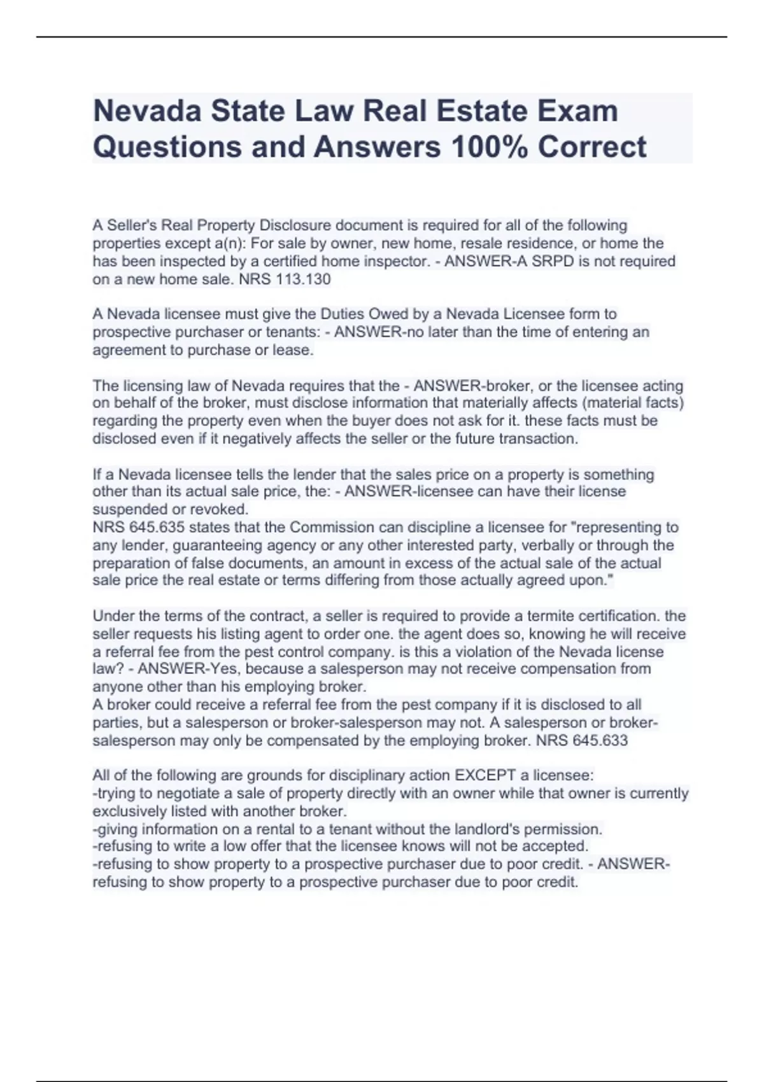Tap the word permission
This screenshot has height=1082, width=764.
pyautogui.click(x=567, y=829)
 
